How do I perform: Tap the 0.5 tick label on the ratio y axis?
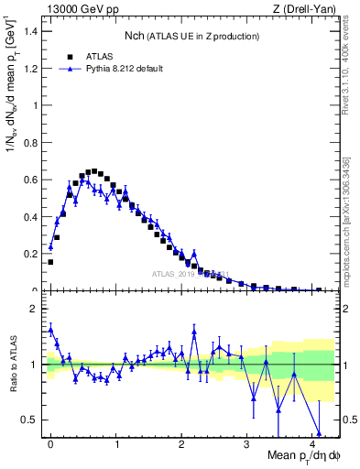pyautogui.click(x=31, y=420)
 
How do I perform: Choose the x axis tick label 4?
pyautogui.click(x=312, y=444)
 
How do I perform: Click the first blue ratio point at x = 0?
pyautogui.click(x=50, y=329)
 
